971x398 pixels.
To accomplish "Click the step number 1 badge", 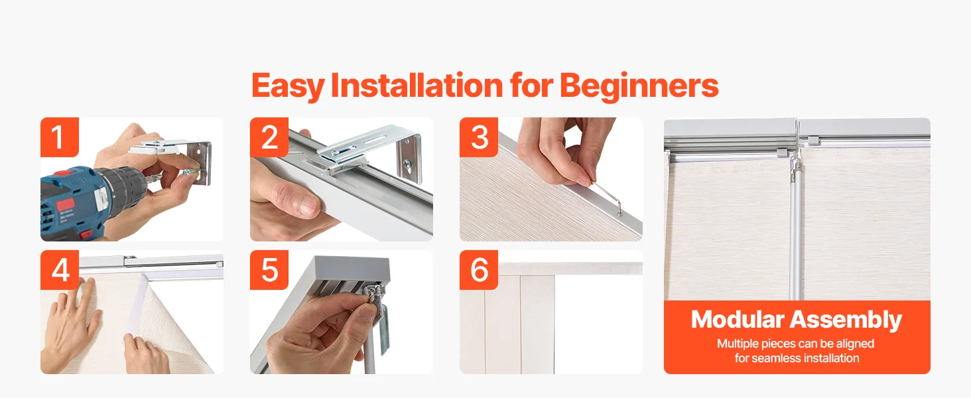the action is [x=60, y=137].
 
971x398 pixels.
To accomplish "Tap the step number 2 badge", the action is [x=269, y=137].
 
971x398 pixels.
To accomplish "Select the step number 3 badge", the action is [x=479, y=137].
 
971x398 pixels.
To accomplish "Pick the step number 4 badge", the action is [x=60, y=270].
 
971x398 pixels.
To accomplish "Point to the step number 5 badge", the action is [x=269, y=270].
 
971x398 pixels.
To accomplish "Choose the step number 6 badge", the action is [x=479, y=270].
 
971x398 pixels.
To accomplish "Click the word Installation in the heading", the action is [x=417, y=85].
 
